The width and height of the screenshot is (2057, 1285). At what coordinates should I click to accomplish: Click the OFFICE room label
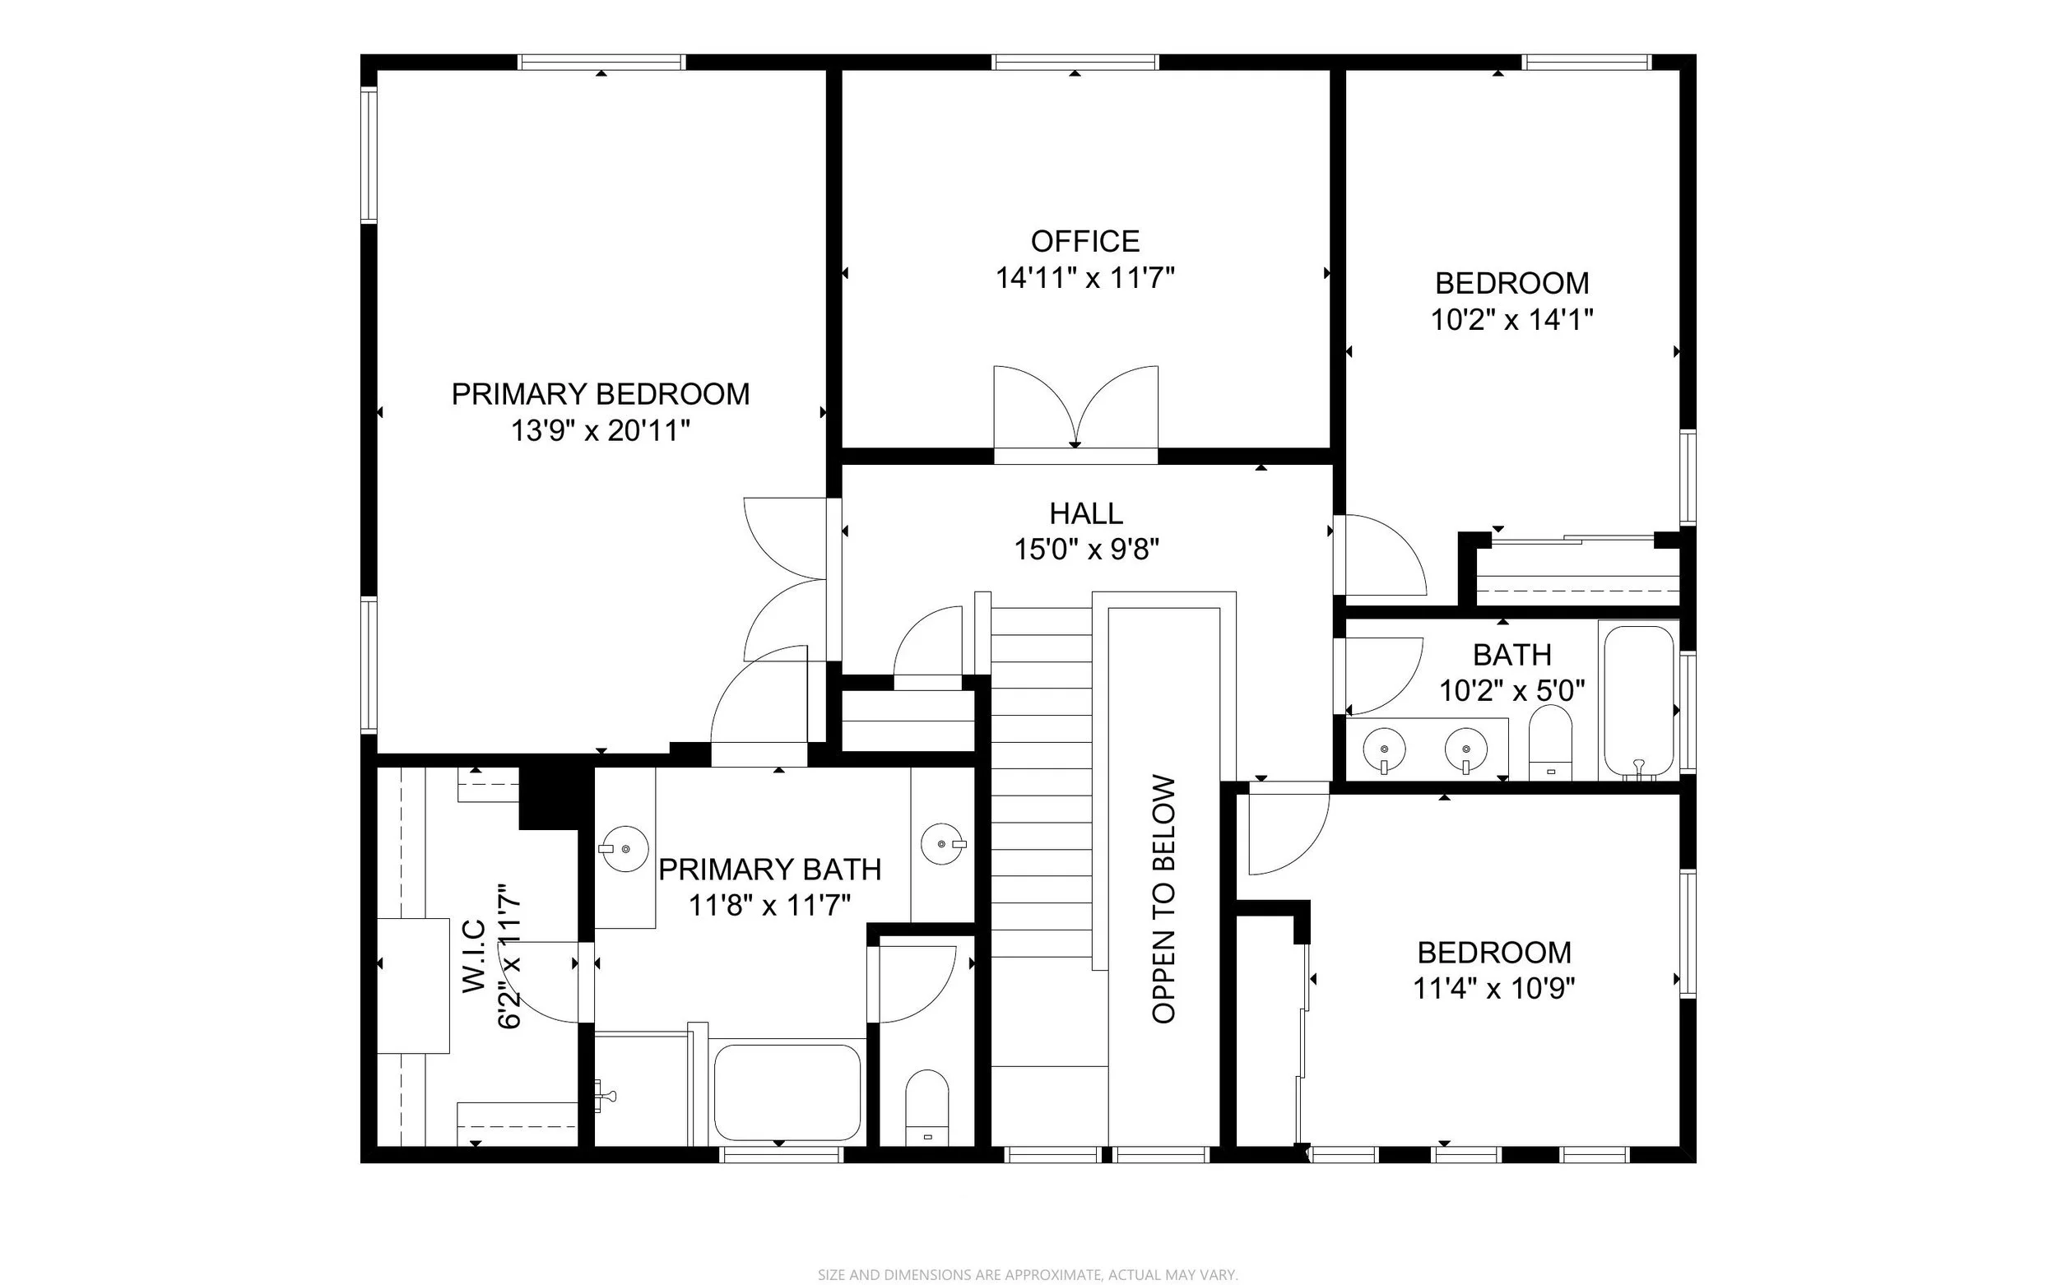[x=1084, y=241]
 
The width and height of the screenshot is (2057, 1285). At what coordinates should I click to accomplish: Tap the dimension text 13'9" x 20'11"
[x=600, y=431]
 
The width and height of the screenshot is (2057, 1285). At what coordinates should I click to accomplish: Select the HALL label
[x=1086, y=513]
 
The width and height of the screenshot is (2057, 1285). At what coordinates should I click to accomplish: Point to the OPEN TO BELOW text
[x=1163, y=898]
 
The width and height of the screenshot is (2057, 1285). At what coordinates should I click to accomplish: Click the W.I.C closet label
[x=473, y=956]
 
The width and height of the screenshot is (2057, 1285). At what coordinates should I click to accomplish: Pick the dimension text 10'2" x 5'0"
[x=1512, y=691]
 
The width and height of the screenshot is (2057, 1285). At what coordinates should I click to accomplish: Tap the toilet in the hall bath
[x=1550, y=742]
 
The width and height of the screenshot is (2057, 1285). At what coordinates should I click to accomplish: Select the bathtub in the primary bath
[x=787, y=1092]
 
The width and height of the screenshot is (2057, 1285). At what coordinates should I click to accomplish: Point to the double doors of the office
[x=1076, y=407]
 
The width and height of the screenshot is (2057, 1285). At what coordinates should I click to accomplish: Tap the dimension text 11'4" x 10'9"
[x=1494, y=988]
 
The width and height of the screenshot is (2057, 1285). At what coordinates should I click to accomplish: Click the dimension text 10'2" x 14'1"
[x=1511, y=319]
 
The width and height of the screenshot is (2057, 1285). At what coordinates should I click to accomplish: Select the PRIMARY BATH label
[x=769, y=870]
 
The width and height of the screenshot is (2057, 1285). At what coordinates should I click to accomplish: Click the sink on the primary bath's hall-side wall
[x=943, y=844]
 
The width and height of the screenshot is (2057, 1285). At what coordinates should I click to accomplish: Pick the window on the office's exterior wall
[x=1075, y=62]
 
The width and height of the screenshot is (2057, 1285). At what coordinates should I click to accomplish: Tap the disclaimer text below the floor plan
[x=1028, y=1275]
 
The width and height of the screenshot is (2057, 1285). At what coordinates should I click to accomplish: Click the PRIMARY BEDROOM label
[x=600, y=394]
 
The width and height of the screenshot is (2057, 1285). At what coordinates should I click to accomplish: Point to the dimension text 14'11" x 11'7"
[x=1084, y=278]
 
